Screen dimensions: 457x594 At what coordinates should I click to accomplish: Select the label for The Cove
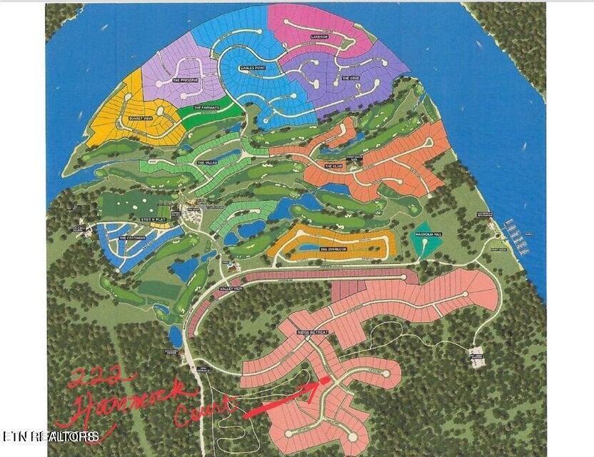tap(350, 78)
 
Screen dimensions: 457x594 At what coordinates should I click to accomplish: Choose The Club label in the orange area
tap(334, 166)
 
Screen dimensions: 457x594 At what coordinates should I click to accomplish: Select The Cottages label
tap(133, 237)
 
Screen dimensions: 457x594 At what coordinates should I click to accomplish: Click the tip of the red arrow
tap(328, 381)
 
